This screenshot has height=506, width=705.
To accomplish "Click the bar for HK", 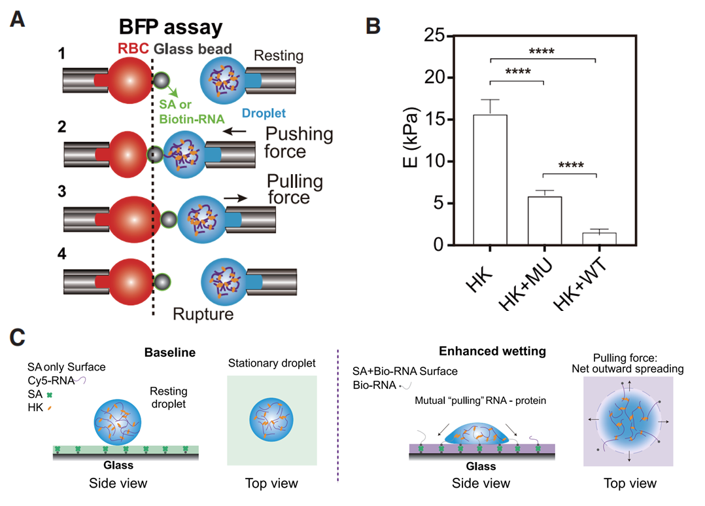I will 490,179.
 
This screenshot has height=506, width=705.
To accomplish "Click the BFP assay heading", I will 171,27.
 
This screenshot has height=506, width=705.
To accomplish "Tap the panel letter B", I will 371,26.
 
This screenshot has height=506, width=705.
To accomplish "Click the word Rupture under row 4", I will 203,314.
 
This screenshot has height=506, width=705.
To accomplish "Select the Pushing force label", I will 299,143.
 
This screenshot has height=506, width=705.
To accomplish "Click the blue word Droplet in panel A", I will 264,113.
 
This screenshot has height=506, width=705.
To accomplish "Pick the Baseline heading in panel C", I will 170,352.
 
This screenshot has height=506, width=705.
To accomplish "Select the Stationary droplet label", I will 272,363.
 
